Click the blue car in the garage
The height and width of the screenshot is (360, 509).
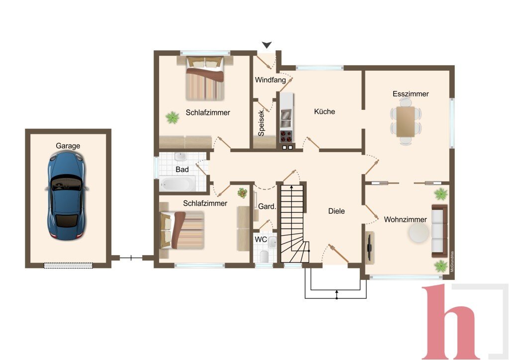tap(67, 196)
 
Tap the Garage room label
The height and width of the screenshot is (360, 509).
tap(68, 146)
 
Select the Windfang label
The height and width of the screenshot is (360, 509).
tap(270, 80)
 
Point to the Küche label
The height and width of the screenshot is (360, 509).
tap(324, 112)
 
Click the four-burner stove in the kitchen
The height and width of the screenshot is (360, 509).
tap(286, 136)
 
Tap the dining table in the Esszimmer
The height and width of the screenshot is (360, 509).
tap(406, 122)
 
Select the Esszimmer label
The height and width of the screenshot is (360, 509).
tap(411, 94)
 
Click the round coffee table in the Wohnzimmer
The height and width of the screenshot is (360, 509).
tap(419, 233)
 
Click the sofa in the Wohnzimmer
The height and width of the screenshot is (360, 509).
tap(439, 231)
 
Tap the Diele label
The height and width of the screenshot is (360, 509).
tap(337, 211)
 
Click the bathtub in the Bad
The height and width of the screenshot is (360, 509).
tap(177, 184)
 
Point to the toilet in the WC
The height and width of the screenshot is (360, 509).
tap(264, 256)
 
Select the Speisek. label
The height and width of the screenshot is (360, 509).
tap(261, 123)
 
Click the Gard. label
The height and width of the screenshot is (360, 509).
tap(267, 206)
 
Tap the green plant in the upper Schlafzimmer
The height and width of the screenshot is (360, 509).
tap(172, 117)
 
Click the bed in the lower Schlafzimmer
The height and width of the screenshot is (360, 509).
tap(182, 230)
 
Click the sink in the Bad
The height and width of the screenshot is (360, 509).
tap(180, 157)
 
